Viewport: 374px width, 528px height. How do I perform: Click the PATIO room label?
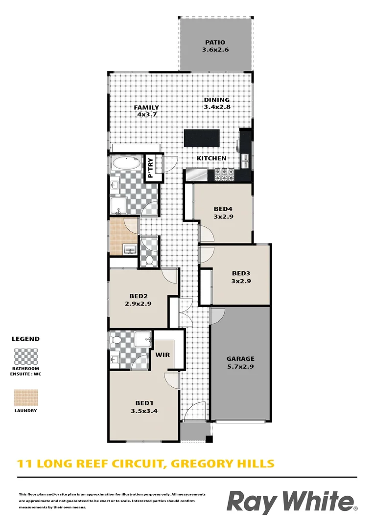pyautogui.click(x=215, y=43)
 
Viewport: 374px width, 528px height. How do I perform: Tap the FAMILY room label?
pyautogui.click(x=146, y=108)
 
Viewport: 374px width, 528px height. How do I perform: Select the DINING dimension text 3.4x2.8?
pyautogui.click(x=217, y=107)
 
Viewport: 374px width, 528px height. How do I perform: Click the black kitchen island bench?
pyautogui.click(x=202, y=138)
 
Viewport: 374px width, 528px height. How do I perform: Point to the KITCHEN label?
pyautogui.click(x=211, y=158)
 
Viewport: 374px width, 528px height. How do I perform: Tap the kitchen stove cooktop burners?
pyautogui.click(x=224, y=175)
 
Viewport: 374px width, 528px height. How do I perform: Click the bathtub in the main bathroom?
pyautogui.click(x=126, y=164)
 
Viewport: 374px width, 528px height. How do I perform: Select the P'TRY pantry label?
pyautogui.click(x=150, y=168)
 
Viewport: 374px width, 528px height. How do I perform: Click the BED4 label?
pyautogui.click(x=223, y=209)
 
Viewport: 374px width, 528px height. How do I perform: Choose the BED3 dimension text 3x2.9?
pyautogui.click(x=241, y=281)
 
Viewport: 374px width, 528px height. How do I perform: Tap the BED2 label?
pyautogui.click(x=138, y=296)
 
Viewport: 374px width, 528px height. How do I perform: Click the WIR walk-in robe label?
pyautogui.click(x=163, y=355)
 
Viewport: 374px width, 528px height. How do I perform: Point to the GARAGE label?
pyautogui.click(x=240, y=359)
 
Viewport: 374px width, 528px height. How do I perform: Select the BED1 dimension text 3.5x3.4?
pyautogui.click(x=144, y=411)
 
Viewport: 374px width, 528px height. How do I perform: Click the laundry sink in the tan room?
pyautogui.click(x=130, y=250)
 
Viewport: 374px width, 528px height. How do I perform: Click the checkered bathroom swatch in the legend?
pyautogui.click(x=26, y=356)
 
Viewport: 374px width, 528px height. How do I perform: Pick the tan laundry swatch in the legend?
pyautogui.click(x=26, y=398)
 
